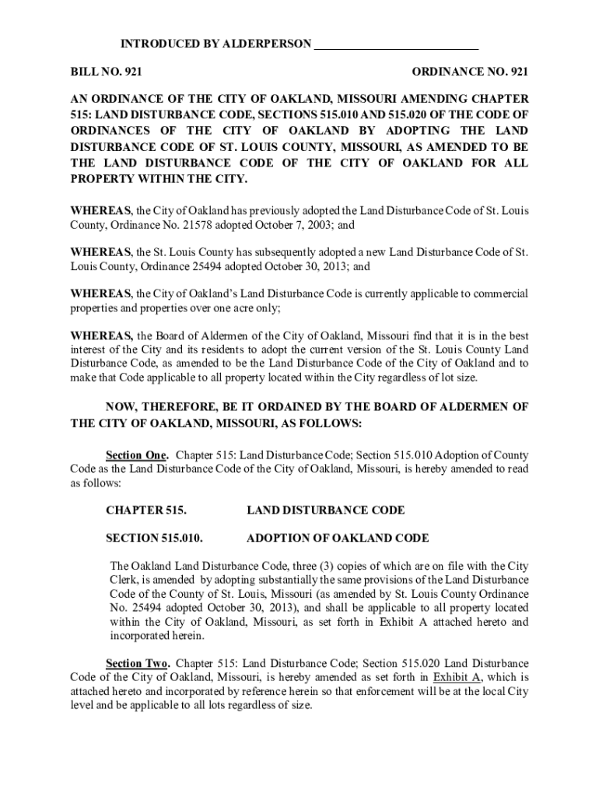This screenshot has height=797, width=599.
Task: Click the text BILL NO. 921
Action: tap(106, 72)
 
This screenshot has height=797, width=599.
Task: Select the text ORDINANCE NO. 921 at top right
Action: tap(470, 72)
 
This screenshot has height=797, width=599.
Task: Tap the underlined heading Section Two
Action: tap(138, 663)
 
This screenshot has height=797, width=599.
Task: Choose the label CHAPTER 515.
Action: tap(146, 511)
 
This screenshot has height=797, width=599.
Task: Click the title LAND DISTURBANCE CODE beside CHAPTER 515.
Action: tap(325, 511)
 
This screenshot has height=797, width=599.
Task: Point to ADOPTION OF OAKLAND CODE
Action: tap(337, 539)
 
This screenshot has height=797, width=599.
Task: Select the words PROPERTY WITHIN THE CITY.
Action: tap(159, 179)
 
